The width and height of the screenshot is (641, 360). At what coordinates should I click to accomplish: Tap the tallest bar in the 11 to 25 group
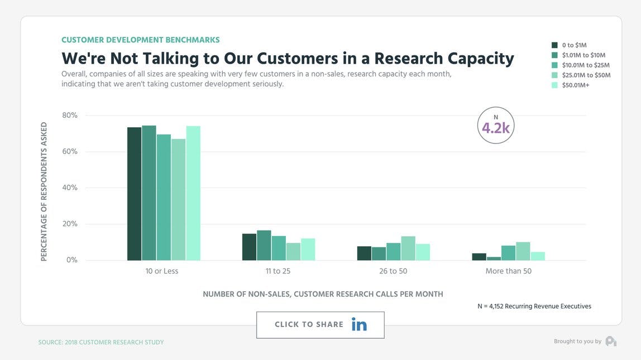pyautogui.click(x=264, y=246)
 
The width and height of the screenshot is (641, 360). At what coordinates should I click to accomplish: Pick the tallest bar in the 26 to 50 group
pyautogui.click(x=408, y=248)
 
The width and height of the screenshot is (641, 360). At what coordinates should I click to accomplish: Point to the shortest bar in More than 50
pyautogui.click(x=494, y=258)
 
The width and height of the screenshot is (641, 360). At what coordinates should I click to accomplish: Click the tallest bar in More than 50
pyautogui.click(x=523, y=251)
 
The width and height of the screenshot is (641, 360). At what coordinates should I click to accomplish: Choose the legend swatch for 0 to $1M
pyautogui.click(x=554, y=45)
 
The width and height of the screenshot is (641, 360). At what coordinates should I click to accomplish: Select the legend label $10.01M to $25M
pyautogui.click(x=586, y=65)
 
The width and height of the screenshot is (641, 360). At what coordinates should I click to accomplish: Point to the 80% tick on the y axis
pyautogui.click(x=70, y=116)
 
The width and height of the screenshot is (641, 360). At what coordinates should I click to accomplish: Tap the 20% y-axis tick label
pyautogui.click(x=70, y=224)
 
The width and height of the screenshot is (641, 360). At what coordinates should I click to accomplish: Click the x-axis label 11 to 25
pyautogui.click(x=278, y=271)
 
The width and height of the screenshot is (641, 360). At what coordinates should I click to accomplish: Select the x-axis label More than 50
pyautogui.click(x=508, y=271)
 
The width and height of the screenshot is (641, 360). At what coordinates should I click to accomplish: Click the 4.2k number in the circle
pyautogui.click(x=496, y=128)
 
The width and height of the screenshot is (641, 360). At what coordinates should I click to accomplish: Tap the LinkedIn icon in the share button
pyautogui.click(x=359, y=324)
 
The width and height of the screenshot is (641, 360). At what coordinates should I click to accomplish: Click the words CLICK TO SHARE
pyautogui.click(x=309, y=324)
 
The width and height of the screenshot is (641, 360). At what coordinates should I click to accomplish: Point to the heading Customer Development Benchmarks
pyautogui.click(x=140, y=40)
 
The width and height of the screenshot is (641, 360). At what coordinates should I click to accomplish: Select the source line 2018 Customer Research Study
pyautogui.click(x=101, y=342)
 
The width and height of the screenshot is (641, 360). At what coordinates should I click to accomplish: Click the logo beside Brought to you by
pyautogui.click(x=611, y=341)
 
